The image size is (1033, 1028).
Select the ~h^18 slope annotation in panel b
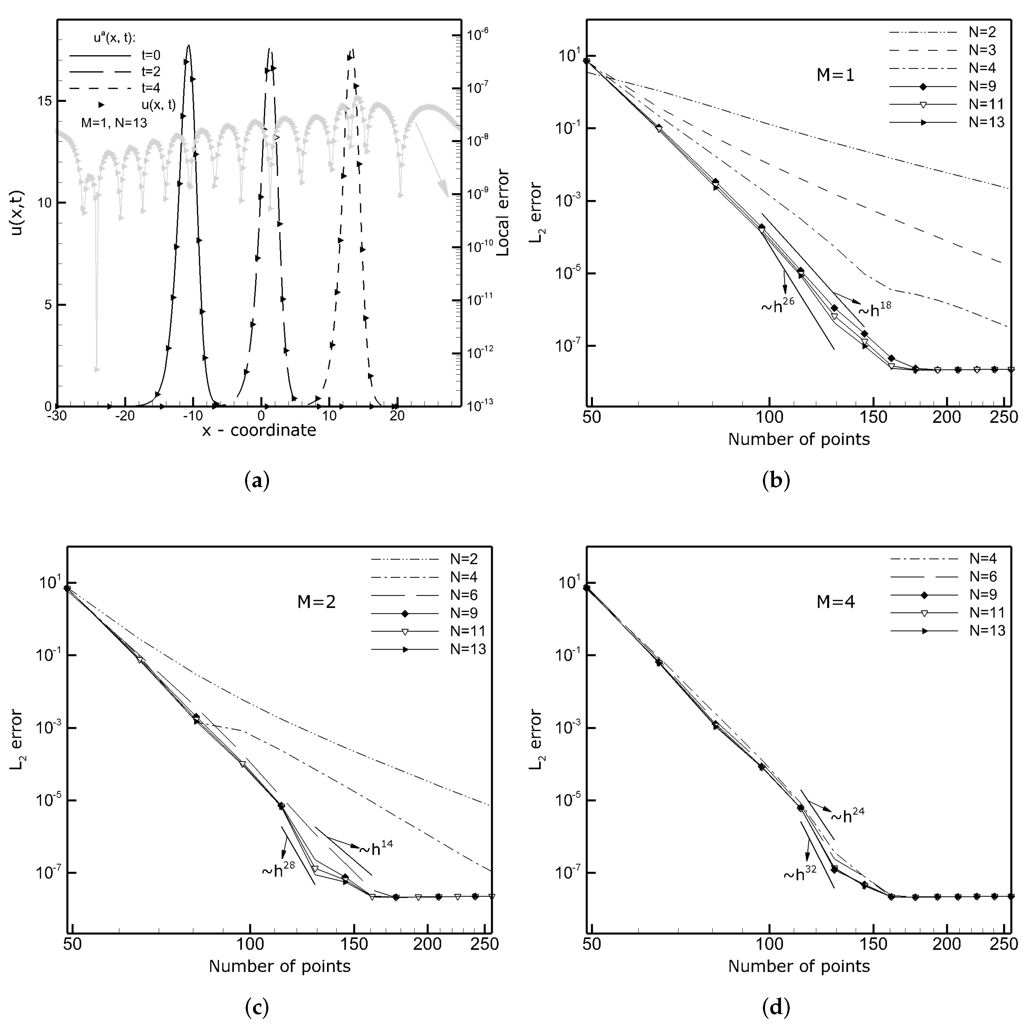(x=875, y=310)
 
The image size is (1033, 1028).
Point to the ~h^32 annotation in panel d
(x=800, y=875)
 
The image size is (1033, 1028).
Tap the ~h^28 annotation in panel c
(x=278, y=871)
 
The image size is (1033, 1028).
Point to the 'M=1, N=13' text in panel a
(x=114, y=122)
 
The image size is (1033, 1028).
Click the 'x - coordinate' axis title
(x=259, y=430)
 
